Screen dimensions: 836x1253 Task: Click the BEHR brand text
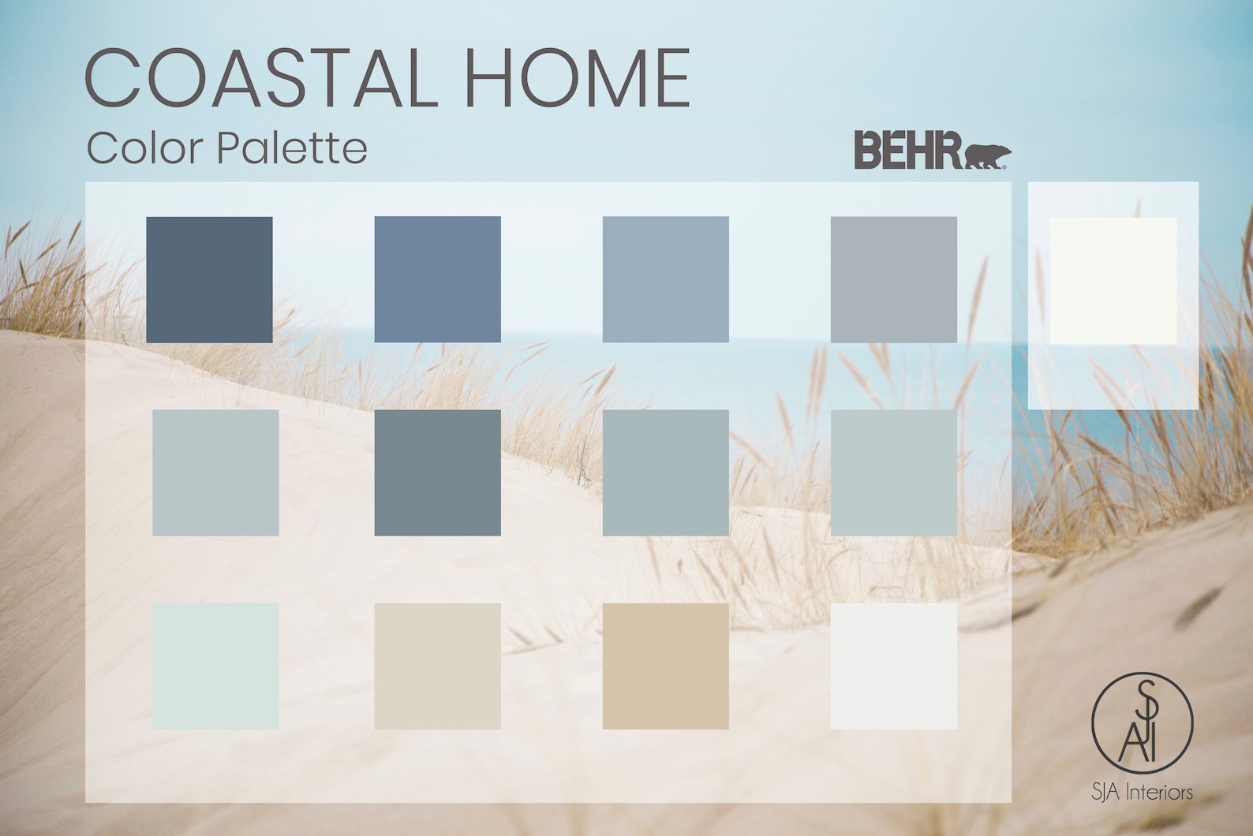click(907, 151)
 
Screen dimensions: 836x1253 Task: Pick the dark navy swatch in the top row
click(209, 279)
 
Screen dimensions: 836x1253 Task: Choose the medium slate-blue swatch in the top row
click(437, 279)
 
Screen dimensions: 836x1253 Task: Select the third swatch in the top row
click(665, 279)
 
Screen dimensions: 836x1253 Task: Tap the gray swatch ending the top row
click(893, 279)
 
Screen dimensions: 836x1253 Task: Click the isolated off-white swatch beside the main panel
click(1113, 281)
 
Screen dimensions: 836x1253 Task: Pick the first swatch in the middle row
click(215, 472)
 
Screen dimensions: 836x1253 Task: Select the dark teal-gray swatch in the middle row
click(437, 472)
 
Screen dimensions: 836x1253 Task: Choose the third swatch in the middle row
click(665, 472)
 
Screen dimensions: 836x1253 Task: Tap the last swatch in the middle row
click(893, 472)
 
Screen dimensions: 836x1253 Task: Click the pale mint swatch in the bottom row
click(215, 666)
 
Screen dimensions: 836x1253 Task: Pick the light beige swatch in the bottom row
click(437, 666)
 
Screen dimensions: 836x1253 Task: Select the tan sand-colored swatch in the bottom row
click(665, 666)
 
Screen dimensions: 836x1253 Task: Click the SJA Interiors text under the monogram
click(1142, 792)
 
